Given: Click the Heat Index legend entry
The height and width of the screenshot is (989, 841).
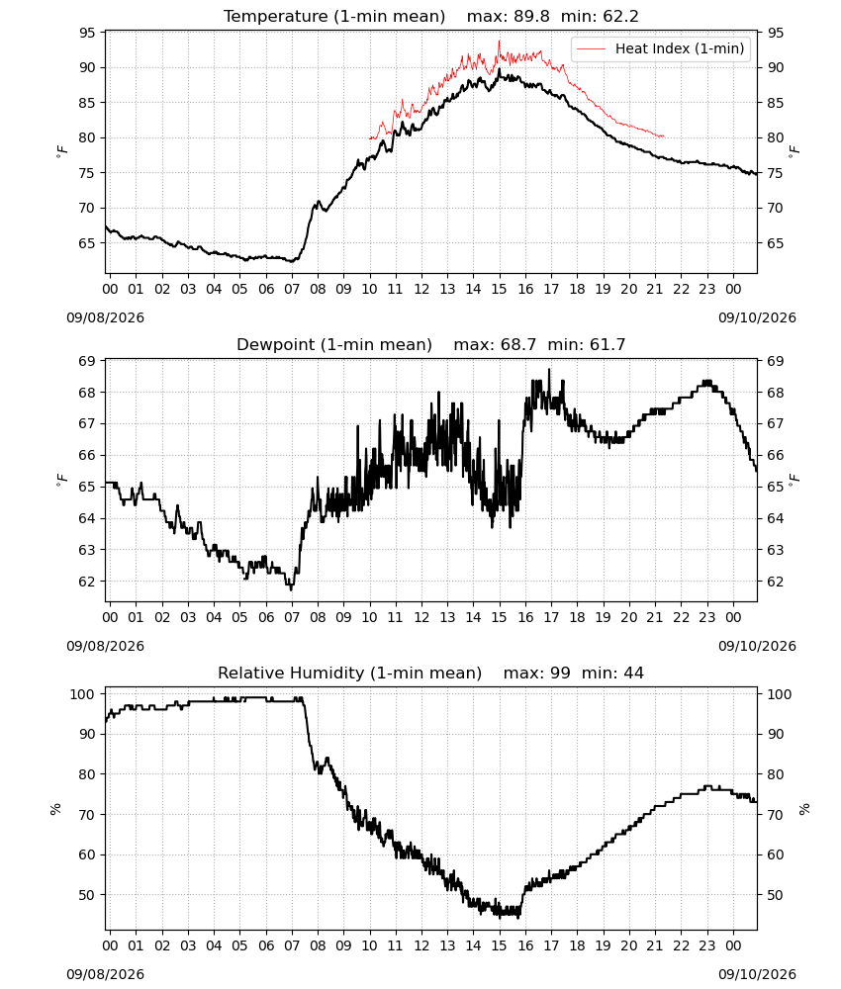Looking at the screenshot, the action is (x=661, y=48).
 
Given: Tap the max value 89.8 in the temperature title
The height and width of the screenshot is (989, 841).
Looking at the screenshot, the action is (x=531, y=17).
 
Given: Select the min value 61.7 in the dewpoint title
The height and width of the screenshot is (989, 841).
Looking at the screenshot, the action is (x=607, y=345).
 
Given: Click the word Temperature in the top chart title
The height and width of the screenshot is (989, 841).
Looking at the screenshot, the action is (x=276, y=17).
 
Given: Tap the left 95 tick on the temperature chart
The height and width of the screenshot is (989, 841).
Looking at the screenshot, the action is (x=87, y=33).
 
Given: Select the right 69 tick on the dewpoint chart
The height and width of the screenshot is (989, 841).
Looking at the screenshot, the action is (x=776, y=361).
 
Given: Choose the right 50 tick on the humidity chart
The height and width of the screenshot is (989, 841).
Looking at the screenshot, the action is (x=776, y=895).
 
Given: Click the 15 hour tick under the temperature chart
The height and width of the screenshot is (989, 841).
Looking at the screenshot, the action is (x=499, y=289).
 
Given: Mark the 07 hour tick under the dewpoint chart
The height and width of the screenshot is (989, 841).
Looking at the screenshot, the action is (x=292, y=617).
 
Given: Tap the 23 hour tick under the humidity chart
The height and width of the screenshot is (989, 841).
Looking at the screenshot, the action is (x=707, y=945).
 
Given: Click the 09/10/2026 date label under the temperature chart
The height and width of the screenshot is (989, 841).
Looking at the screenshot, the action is (x=757, y=317).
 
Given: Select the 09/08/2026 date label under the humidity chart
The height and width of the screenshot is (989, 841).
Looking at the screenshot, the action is (x=105, y=974).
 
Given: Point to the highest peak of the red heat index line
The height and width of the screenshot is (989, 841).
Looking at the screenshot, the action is (x=499, y=41).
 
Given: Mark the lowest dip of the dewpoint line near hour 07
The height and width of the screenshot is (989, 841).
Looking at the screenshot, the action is (x=292, y=589).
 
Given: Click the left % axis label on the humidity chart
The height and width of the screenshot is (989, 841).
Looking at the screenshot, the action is (x=55, y=809).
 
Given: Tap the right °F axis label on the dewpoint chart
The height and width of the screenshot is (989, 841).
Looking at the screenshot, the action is (x=794, y=480).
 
